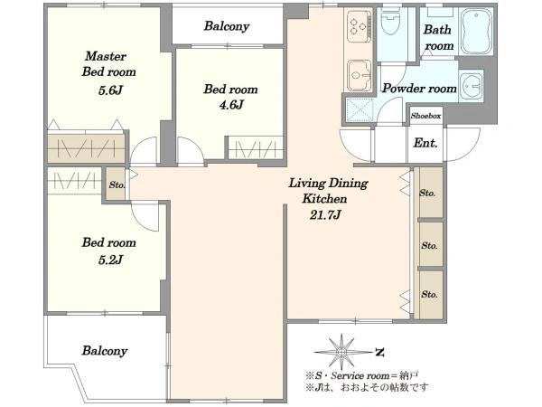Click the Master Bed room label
109,64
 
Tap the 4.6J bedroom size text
231,104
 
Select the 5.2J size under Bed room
110,260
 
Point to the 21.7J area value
325,215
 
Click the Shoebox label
425,116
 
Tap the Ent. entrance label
425,143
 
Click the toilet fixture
391,22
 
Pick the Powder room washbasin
471,86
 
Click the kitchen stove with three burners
359,26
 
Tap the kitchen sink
360,75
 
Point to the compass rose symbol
342,352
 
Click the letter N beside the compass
380,353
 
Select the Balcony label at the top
227,26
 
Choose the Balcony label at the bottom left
105,351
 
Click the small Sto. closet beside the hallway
117,185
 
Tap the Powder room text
419,89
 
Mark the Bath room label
438,37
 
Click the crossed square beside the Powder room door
360,110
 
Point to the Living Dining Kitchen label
328,191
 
